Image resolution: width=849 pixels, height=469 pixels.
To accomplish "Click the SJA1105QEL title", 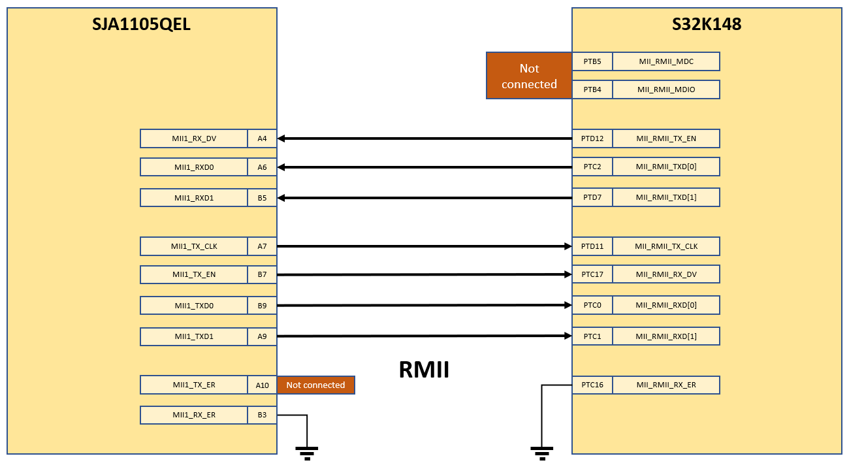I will point(142,25).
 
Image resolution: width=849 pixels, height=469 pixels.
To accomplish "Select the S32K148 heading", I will point(707,25).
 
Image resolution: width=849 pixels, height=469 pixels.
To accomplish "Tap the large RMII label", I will point(424,370).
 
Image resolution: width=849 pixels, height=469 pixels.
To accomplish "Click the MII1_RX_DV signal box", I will point(194,138).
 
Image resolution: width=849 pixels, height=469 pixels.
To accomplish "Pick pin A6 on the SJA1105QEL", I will point(262,167).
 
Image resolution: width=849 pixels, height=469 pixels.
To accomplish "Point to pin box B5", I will point(262,198).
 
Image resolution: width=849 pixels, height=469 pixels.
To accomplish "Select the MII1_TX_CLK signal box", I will point(194,246).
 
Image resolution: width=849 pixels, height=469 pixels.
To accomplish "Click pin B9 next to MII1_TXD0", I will point(262,306).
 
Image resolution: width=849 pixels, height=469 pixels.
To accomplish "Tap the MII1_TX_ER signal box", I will point(194,385).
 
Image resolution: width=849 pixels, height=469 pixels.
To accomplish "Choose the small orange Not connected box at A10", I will point(315,385).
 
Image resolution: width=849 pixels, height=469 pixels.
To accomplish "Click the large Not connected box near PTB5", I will point(529,76).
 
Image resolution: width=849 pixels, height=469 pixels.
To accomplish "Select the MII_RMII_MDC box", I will point(666,61).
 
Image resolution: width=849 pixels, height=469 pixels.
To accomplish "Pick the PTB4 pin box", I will point(592,89).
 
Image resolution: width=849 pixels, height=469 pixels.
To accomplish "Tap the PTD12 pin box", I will point(592,138).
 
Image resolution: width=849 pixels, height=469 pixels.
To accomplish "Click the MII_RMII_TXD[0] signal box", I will point(666,167).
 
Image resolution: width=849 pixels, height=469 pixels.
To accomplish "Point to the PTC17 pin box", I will point(592,274).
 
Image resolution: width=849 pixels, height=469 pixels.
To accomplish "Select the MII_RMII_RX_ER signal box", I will point(666,385).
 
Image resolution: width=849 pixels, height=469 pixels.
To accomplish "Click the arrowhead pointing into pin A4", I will point(281,138).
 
